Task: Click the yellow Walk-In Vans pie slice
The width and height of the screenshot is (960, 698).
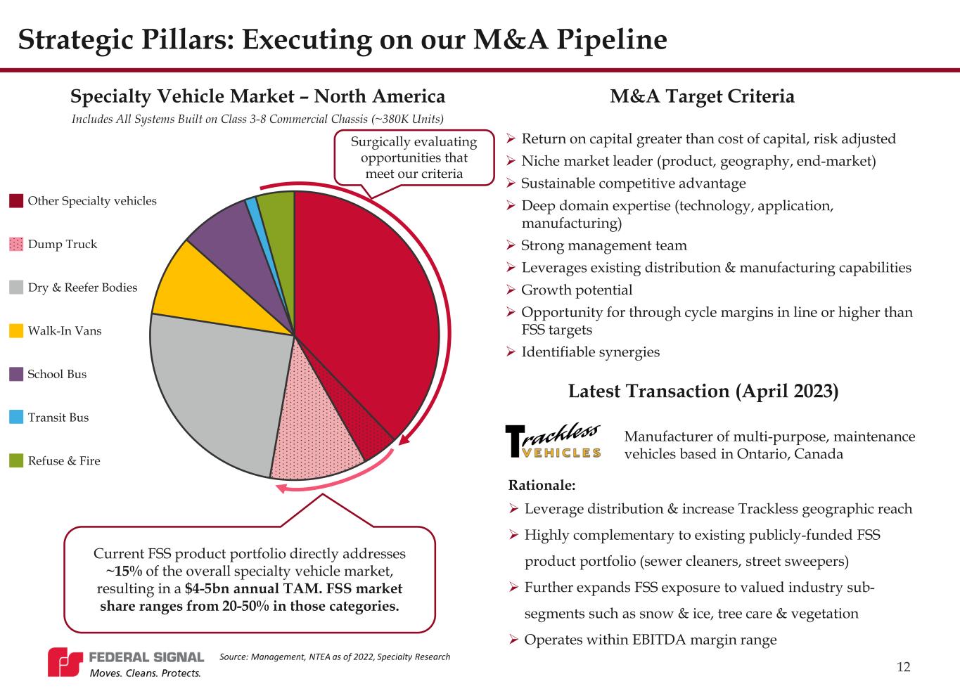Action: click(x=211, y=288)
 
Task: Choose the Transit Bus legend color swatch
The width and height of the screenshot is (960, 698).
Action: click(x=17, y=418)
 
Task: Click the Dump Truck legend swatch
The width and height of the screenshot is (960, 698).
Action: click(x=17, y=245)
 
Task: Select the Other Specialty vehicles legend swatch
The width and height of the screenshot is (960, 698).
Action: click(x=17, y=201)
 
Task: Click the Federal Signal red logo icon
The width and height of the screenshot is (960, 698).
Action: click(x=65, y=663)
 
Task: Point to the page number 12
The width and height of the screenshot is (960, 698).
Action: click(x=904, y=667)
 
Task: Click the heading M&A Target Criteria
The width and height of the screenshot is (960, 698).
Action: click(x=702, y=96)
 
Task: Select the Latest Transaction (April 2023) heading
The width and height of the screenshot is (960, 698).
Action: click(x=703, y=391)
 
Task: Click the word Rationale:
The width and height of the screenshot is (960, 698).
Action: click(x=542, y=485)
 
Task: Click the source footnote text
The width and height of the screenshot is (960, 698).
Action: click(x=335, y=657)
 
